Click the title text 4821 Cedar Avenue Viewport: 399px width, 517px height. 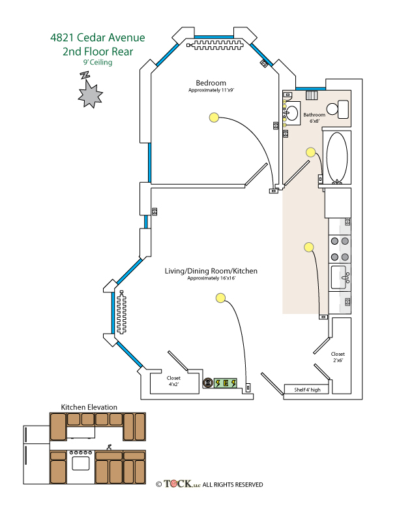click(x=98, y=38)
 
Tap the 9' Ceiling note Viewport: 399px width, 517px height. click(x=98, y=63)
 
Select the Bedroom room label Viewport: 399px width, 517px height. click(x=211, y=83)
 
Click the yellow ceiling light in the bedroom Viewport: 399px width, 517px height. click(x=213, y=117)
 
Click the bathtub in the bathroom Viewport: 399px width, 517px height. click(x=337, y=157)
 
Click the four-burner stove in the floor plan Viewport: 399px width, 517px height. click(x=340, y=248)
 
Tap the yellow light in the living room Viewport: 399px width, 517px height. click(x=220, y=298)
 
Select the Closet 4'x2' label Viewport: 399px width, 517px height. click(x=173, y=381)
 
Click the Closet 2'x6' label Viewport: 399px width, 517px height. click(x=338, y=356)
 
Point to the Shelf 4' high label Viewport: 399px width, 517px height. click(x=307, y=390)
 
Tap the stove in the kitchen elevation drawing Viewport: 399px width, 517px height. click(x=81, y=462)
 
